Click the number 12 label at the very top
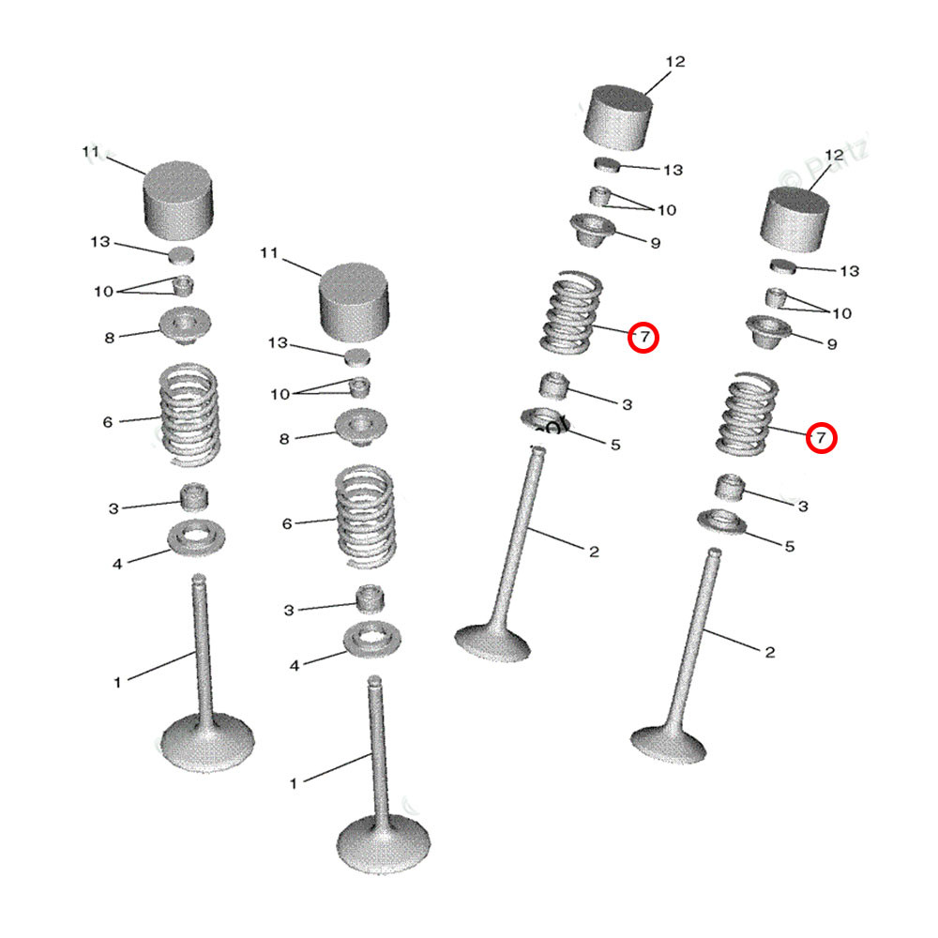[x=675, y=62]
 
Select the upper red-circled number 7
[x=643, y=337]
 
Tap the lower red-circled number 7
[x=821, y=437]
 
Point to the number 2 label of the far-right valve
[x=769, y=652]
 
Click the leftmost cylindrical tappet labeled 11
[x=177, y=200]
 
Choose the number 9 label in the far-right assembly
[x=831, y=344]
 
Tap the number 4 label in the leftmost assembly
[x=117, y=564]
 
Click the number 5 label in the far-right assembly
[x=789, y=546]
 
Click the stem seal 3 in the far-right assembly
[x=732, y=487]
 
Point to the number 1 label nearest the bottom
[x=293, y=782]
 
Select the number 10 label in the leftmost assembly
[x=103, y=292]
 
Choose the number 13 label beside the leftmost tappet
[x=100, y=242]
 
